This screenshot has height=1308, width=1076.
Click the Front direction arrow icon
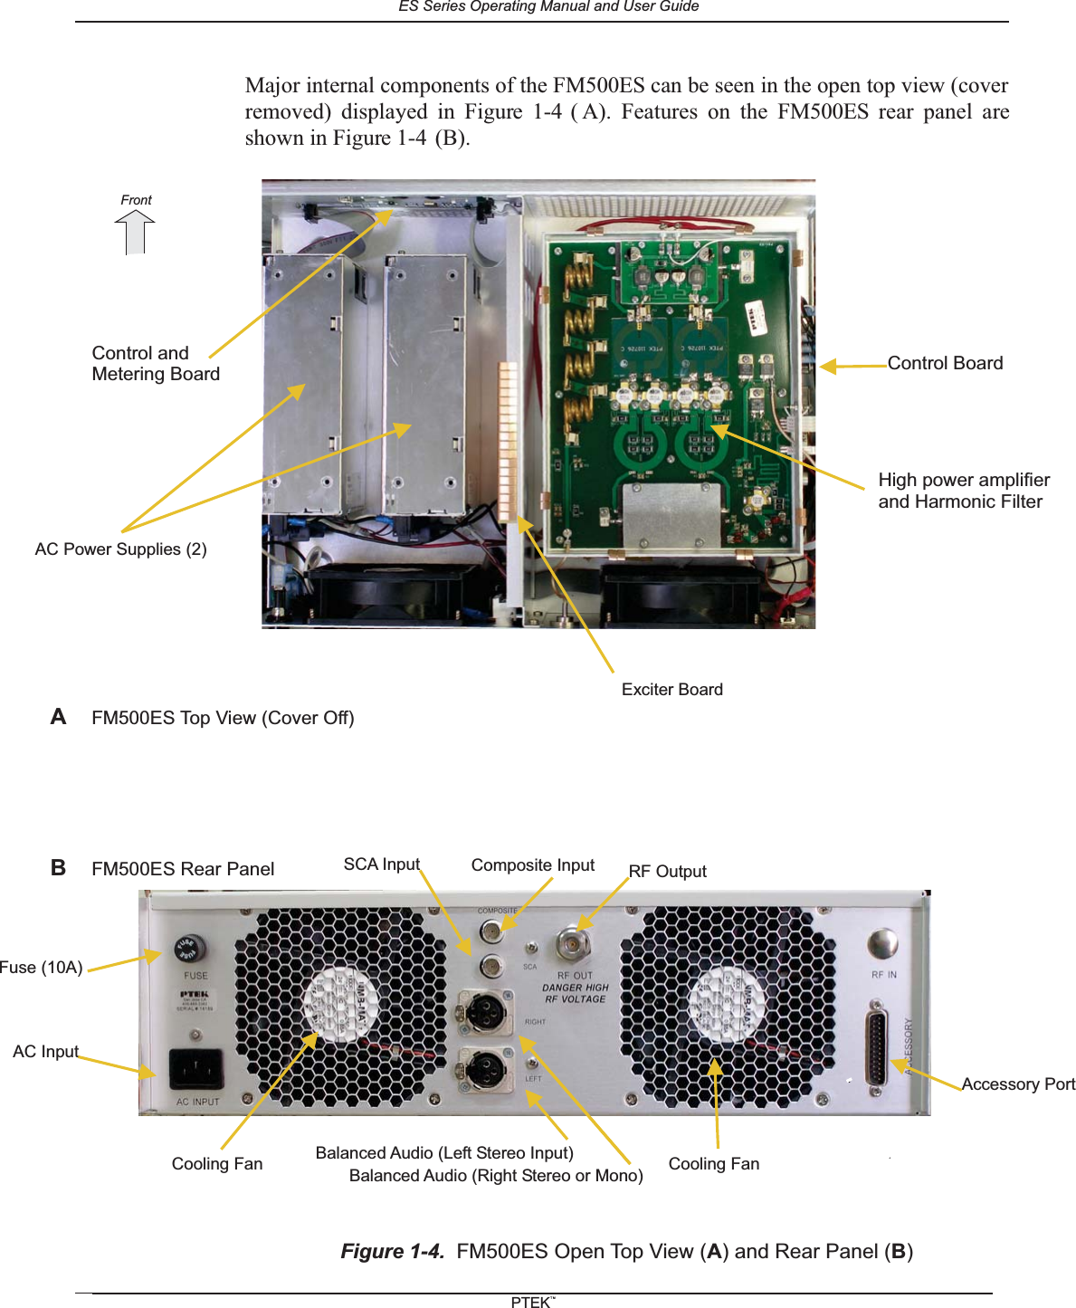135,232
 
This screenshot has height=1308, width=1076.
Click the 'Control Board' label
945,363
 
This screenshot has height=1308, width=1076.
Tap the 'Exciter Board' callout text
671,690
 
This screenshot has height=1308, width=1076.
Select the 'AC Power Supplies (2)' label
120,549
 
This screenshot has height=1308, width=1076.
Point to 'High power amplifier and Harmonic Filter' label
963,491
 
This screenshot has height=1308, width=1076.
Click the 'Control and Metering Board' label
155,364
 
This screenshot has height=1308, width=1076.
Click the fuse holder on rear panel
188,950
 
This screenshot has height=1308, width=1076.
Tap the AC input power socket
196,1069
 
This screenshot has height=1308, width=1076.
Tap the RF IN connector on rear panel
882,945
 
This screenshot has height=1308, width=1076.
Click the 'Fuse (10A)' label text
42,968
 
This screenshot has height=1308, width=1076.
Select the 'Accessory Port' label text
1017,1084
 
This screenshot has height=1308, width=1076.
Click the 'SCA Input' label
381,864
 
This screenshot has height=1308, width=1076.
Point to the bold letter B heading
58,868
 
